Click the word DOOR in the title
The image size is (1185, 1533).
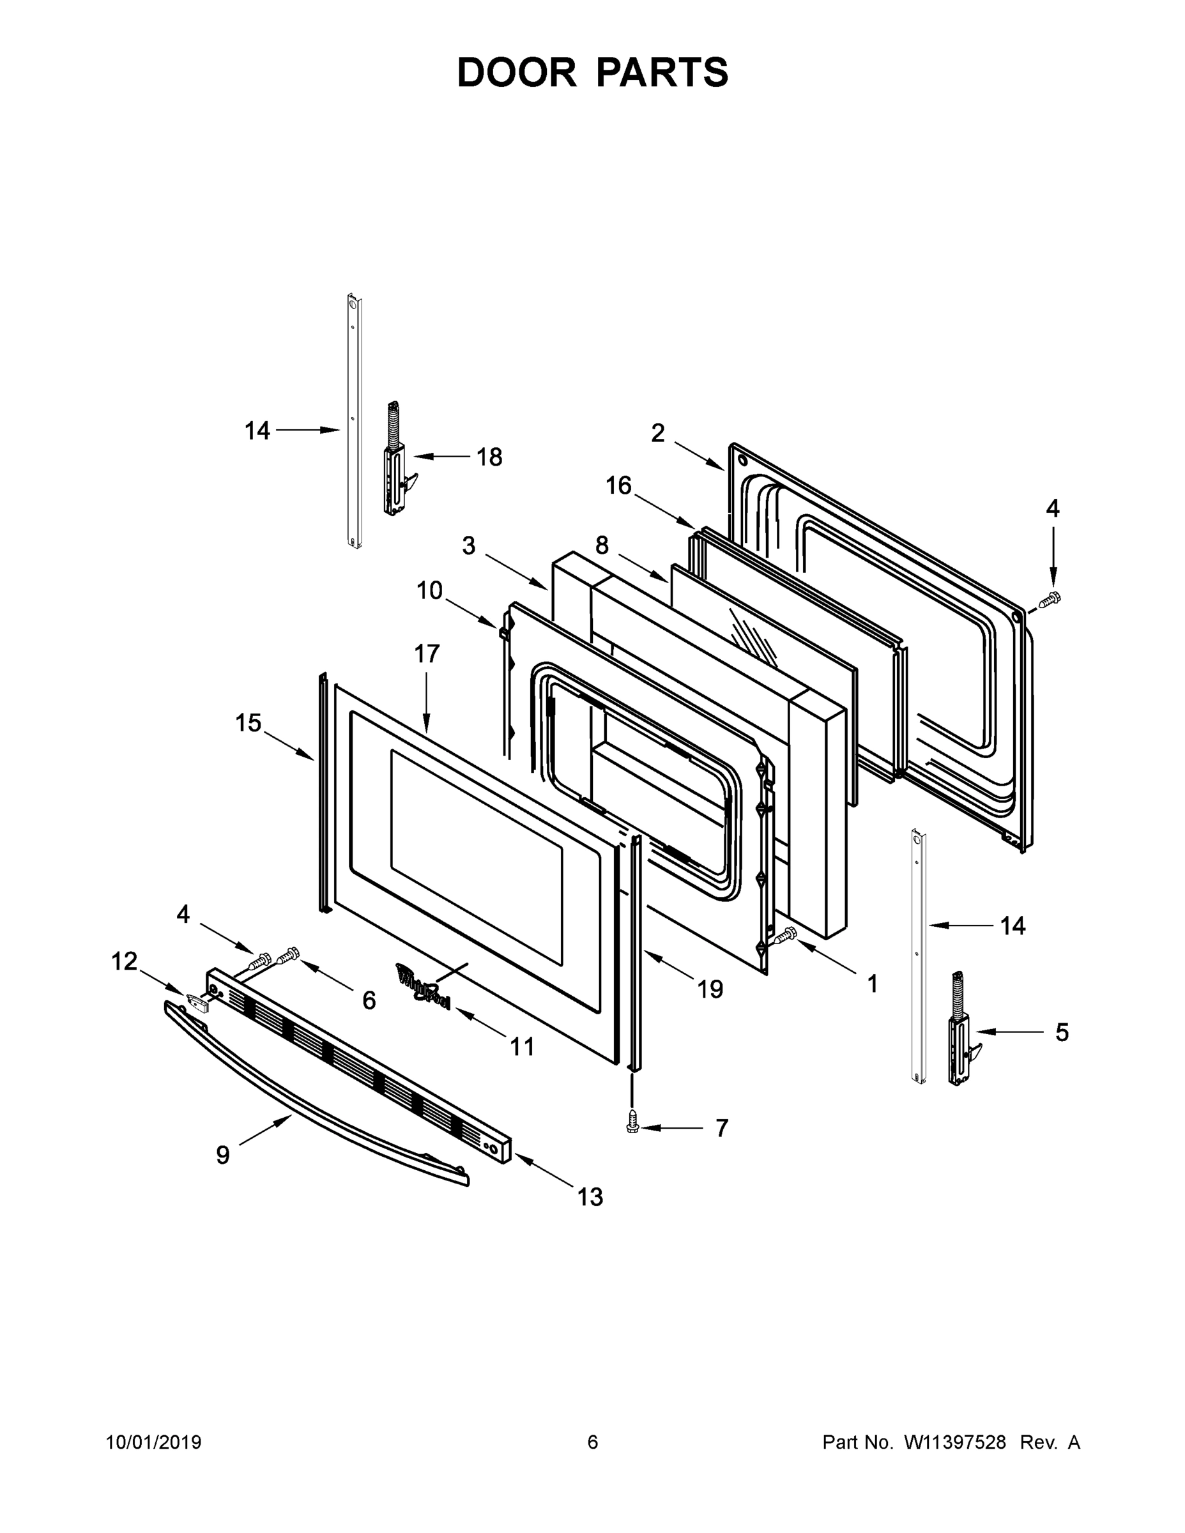[517, 72]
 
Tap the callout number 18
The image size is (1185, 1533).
[489, 457]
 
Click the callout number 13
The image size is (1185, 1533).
[590, 1197]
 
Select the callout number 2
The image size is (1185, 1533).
[657, 433]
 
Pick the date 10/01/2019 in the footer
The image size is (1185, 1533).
[154, 1442]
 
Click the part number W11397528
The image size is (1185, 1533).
[955, 1442]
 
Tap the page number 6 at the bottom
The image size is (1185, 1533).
[593, 1442]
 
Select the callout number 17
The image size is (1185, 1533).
[426, 653]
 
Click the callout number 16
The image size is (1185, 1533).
[618, 485]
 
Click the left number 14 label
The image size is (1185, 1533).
[257, 431]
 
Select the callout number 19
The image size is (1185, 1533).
[710, 989]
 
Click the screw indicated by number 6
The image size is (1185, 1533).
[289, 955]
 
